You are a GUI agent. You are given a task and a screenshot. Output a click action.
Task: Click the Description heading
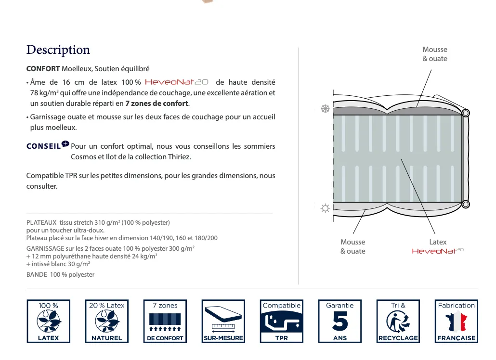(58, 50)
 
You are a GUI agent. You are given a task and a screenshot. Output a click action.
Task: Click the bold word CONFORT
(43, 69)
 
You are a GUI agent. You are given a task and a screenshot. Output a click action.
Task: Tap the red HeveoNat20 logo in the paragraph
(176, 82)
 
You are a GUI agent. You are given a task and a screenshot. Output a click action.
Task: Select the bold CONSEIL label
(43, 146)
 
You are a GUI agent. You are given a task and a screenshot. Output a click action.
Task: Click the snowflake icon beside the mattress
(325, 109)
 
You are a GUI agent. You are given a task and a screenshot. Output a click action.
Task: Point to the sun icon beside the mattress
(325, 208)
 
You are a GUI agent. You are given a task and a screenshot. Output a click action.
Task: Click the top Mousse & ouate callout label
(434, 54)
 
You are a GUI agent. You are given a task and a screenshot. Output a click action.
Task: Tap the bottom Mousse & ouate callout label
(352, 246)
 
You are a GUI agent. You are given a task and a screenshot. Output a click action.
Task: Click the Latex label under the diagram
(438, 242)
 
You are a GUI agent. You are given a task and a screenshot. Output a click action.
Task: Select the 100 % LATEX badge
(49, 321)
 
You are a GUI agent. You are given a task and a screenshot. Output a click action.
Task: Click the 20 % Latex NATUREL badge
(106, 321)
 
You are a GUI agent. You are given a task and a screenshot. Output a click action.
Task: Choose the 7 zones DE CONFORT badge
(165, 321)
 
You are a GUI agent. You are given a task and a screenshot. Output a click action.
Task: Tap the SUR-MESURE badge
(223, 321)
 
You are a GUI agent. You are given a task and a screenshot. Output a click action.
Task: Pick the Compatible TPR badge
(281, 321)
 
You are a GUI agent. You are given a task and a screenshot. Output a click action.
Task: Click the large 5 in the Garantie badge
(340, 321)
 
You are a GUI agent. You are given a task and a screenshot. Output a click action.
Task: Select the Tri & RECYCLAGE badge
(398, 321)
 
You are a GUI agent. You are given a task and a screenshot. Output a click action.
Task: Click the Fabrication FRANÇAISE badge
(456, 321)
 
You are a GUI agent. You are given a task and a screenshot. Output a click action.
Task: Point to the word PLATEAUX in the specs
(41, 223)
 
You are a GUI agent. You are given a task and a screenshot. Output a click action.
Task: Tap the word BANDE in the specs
(36, 275)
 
